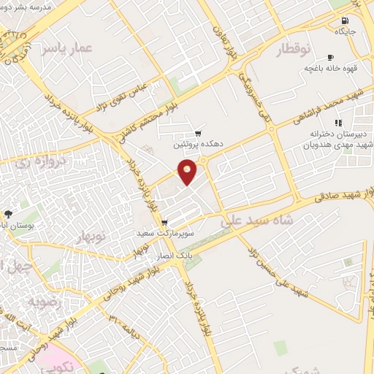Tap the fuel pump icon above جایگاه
(x=344, y=20)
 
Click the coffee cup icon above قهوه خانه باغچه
(x=331, y=57)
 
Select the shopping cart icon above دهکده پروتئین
(x=198, y=134)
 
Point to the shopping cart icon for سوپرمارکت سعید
(x=164, y=222)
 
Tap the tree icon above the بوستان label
(x=8, y=214)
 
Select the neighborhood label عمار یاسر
(x=66, y=48)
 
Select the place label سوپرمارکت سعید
(x=164, y=233)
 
